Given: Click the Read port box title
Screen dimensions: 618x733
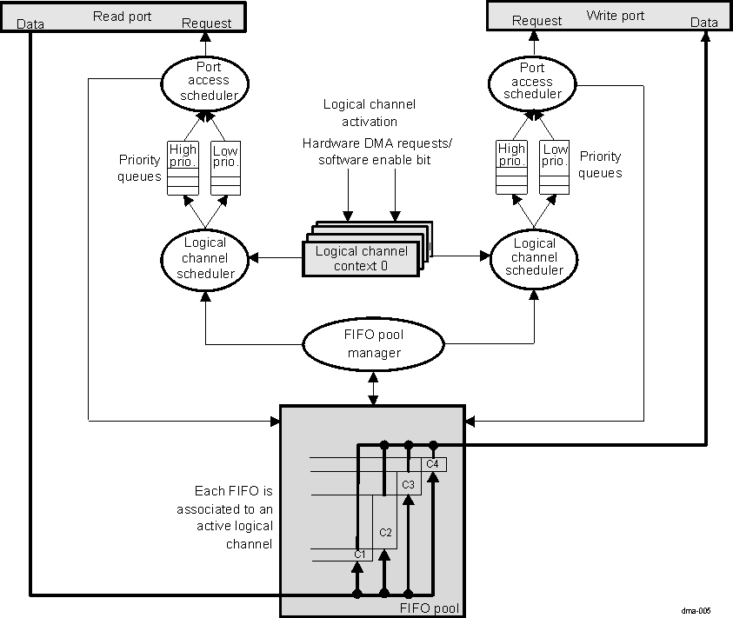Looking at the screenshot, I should (x=122, y=16).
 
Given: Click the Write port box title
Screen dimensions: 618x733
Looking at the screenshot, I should (x=615, y=16).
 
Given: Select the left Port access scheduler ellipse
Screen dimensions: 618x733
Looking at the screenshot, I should (x=206, y=81).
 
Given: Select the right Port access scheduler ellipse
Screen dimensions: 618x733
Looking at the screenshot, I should (x=532, y=81).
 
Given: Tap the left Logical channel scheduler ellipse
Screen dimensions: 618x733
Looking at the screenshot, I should (x=205, y=258).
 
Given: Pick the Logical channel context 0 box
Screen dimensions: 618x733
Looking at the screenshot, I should (x=361, y=258).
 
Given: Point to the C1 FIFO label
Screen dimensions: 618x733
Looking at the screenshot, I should (x=359, y=554).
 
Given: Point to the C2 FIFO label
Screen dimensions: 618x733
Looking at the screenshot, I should (x=386, y=531).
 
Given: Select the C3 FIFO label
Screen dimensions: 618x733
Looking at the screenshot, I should (x=408, y=482).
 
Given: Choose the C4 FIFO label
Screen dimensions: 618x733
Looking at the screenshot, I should (x=432, y=464).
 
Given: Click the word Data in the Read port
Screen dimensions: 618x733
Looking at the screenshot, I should (x=31, y=23).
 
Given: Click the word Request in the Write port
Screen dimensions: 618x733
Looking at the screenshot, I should (x=536, y=21).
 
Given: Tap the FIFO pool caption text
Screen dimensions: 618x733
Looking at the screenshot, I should (x=428, y=608).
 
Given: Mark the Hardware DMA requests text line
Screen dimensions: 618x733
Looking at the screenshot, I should (x=369, y=143).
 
